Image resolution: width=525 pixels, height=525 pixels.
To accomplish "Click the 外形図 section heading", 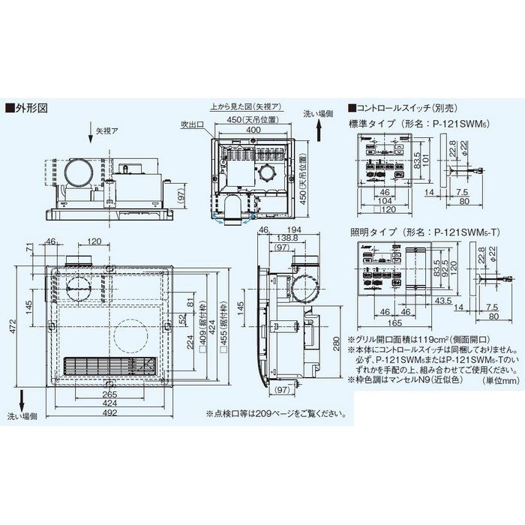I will coord(29,107).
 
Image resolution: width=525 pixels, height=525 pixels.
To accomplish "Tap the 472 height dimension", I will coord(12,326).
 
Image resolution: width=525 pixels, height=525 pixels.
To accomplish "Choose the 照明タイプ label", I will coord(373,233).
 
